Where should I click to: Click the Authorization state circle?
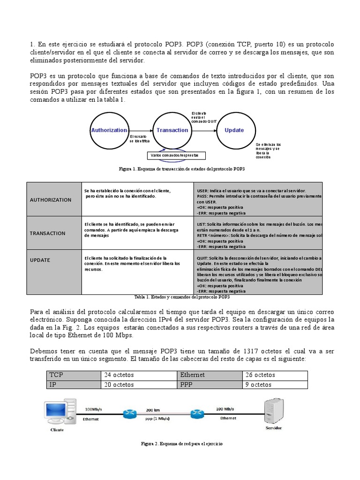(x=109, y=130)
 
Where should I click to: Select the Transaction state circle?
(x=172, y=130)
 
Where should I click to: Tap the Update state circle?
(x=234, y=130)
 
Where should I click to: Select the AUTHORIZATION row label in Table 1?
(x=51, y=200)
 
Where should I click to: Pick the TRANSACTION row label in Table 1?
(x=48, y=233)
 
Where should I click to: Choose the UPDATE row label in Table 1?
(x=40, y=260)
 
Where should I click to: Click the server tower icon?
(x=274, y=411)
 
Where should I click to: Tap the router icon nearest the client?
(x=128, y=414)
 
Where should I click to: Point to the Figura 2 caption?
(x=182, y=443)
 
